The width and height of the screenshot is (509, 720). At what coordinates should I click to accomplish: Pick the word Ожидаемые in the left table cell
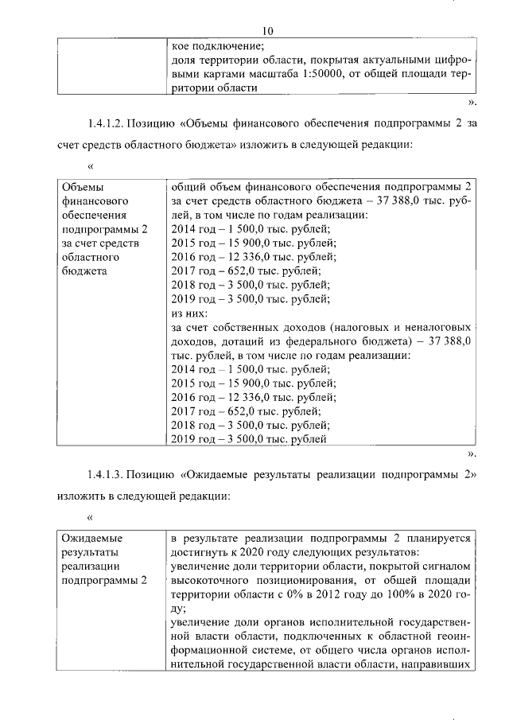click(88, 538)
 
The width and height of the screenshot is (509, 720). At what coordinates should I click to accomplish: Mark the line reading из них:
click(188, 313)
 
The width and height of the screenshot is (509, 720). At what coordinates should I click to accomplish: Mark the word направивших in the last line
click(441, 667)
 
